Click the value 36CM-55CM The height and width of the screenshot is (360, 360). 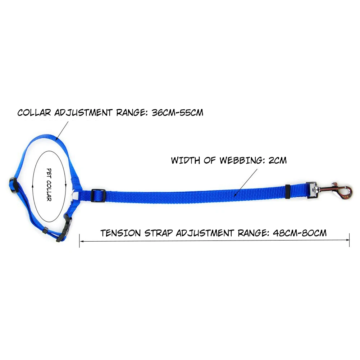click(x=178, y=113)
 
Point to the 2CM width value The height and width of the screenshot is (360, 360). click(x=278, y=160)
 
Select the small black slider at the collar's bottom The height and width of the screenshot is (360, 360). click(x=45, y=231)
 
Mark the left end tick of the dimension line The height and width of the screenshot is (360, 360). click(x=79, y=241)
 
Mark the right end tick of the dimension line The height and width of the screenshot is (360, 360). click(x=349, y=241)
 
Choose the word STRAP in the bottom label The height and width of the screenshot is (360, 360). click(x=158, y=233)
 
